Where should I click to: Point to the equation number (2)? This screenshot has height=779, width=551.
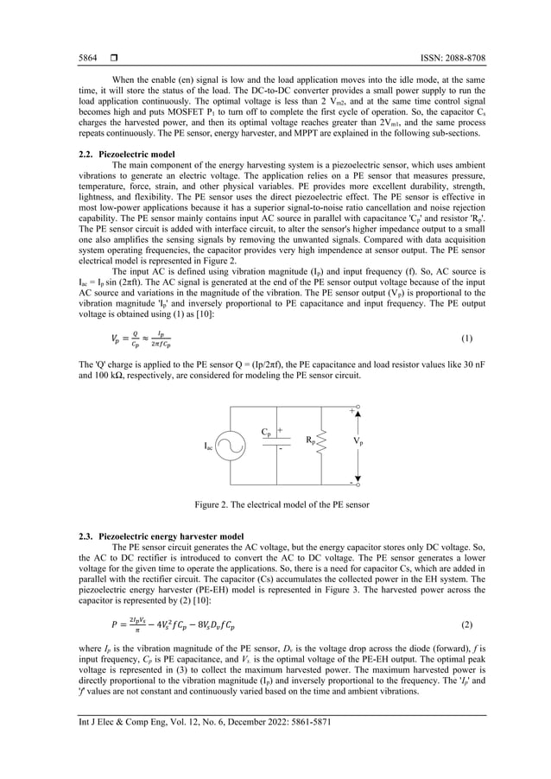[466, 623]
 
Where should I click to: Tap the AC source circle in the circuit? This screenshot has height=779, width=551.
[230, 446]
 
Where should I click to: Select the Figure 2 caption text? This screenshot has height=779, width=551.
[275, 503]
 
